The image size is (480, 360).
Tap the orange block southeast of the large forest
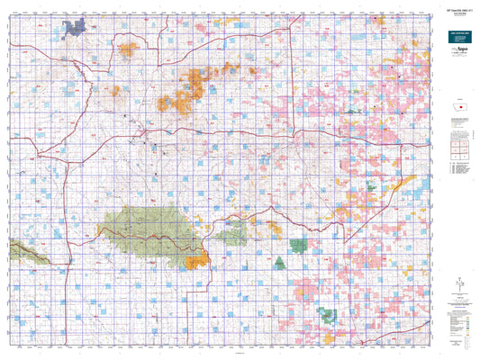pos(197,261)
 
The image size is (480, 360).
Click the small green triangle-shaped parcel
pos(279,263)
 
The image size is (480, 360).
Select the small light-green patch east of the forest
pos(233,231)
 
